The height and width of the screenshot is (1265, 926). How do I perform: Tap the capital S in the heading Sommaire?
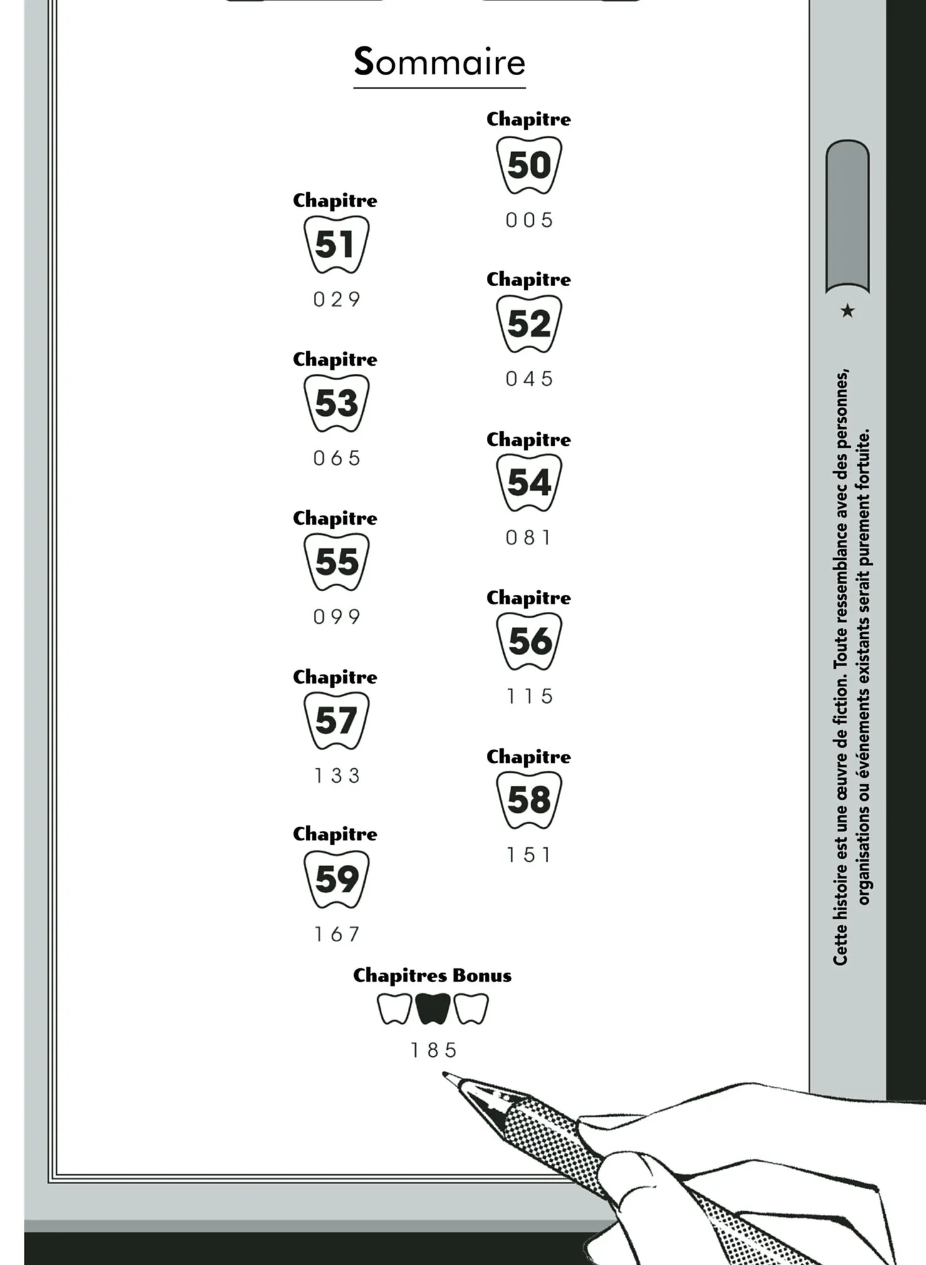coord(364,61)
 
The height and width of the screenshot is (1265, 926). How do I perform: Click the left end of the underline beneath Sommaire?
coord(354,88)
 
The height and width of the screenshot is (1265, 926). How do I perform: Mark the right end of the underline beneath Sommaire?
coord(526,88)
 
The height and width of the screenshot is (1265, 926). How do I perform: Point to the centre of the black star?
coord(847,310)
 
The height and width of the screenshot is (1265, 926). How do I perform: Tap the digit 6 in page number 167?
coord(337,934)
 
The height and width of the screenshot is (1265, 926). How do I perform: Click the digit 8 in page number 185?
coord(433,1050)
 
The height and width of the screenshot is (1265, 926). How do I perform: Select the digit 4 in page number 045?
coord(529,379)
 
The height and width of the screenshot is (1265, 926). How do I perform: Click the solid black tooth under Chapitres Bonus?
coord(433,1008)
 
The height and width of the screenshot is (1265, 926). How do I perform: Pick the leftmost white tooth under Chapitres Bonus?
coord(395,1008)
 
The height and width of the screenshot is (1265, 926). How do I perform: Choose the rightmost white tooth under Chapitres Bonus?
coord(471,1008)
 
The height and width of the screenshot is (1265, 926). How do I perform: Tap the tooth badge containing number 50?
coord(529,165)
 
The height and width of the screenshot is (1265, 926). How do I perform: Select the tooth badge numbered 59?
coord(336,879)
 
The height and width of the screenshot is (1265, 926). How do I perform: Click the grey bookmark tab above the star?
coord(847,216)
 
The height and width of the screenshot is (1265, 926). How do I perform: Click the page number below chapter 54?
coord(529,537)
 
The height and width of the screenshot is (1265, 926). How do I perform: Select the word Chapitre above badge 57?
coord(335,677)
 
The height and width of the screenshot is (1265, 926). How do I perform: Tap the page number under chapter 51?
coord(337,299)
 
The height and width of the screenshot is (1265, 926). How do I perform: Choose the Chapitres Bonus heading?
coord(432,976)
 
